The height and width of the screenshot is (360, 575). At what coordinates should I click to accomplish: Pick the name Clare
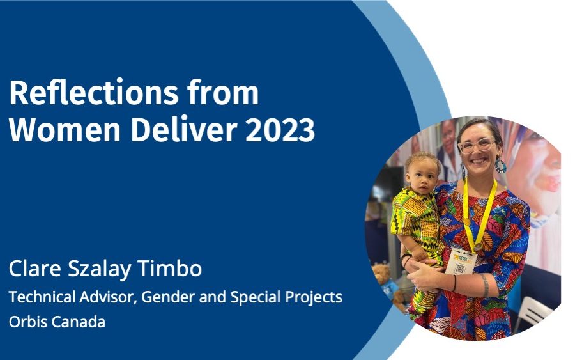(x=35, y=269)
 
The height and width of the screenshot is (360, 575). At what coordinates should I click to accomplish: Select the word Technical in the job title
(x=42, y=297)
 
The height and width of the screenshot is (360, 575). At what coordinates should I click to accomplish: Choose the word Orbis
(x=28, y=322)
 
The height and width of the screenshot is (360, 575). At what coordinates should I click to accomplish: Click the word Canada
(x=78, y=322)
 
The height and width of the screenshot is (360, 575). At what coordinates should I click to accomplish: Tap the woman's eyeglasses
(x=477, y=145)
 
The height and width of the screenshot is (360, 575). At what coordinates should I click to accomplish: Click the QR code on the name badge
(x=460, y=269)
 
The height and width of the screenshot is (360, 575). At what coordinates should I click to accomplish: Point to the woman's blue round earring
(x=501, y=166)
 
